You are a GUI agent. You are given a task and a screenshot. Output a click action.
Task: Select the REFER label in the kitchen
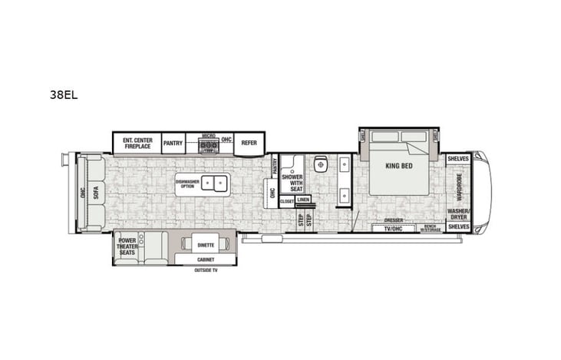click(x=249, y=142)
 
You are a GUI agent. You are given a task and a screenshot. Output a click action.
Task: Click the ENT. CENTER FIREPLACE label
click(x=137, y=143)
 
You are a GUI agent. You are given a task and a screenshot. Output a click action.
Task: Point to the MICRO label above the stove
click(x=209, y=136)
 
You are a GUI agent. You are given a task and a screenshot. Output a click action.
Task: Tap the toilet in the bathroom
click(x=322, y=163)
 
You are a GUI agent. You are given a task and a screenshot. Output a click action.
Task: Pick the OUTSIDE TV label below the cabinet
click(x=205, y=271)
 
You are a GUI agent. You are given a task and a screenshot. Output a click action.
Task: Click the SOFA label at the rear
click(x=97, y=193)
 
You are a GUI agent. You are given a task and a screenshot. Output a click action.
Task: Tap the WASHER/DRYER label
click(x=459, y=214)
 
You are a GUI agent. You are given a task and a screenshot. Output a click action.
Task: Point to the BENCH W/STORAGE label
click(x=429, y=227)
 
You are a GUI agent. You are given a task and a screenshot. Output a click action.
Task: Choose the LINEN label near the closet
click(x=304, y=200)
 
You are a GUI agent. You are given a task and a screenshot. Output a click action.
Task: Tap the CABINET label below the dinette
click(x=205, y=259)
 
